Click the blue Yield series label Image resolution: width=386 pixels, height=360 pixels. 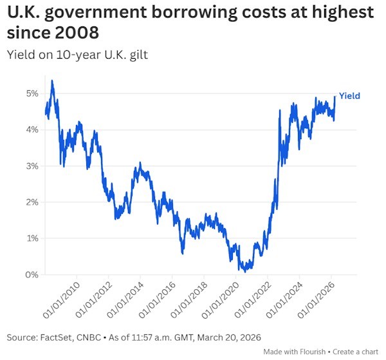pos(349,96)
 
